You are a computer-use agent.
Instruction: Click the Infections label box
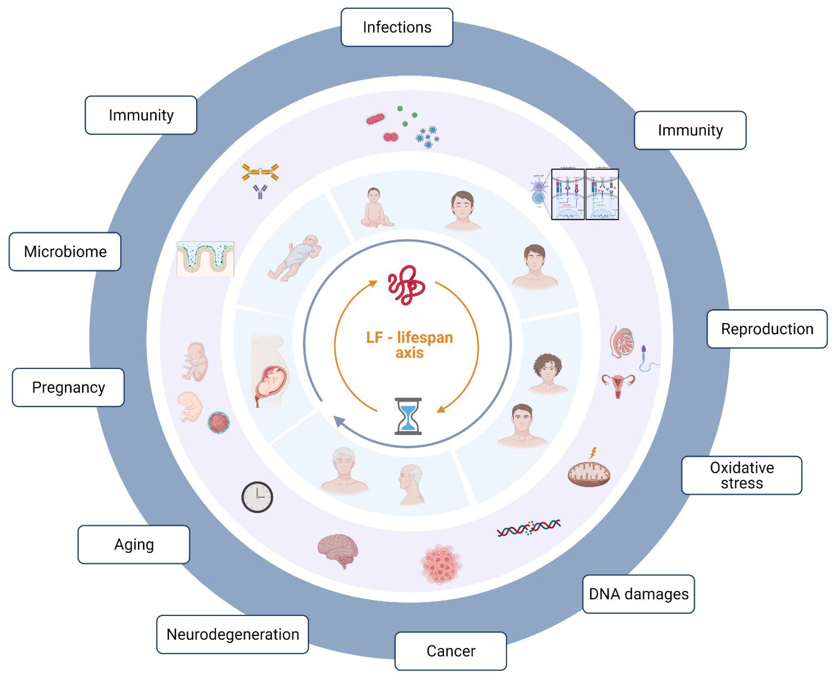(x=397, y=27)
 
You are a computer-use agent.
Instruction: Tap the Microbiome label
(x=65, y=252)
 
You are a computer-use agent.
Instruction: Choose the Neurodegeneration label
(x=233, y=634)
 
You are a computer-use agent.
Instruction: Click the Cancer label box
(x=450, y=651)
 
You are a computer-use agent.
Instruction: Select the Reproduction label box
(x=767, y=329)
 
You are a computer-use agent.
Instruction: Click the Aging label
(x=134, y=544)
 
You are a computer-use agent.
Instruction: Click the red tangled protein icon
(x=406, y=285)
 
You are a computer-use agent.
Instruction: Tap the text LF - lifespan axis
(x=409, y=345)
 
